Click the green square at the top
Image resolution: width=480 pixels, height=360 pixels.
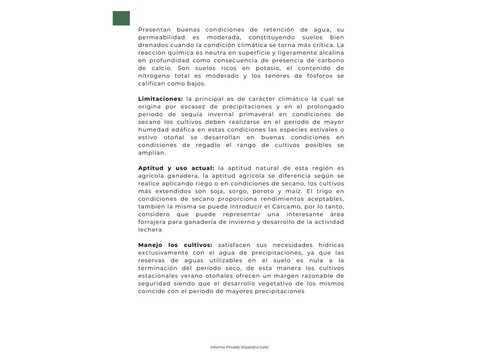(x=121, y=18)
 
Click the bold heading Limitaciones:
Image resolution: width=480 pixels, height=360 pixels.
(x=160, y=99)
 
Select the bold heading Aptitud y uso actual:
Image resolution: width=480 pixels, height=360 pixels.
(x=176, y=168)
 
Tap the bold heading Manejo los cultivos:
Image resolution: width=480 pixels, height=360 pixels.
(x=175, y=245)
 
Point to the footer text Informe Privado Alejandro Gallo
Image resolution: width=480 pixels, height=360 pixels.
(x=239, y=347)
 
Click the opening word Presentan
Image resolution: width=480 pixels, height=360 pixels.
(x=154, y=29)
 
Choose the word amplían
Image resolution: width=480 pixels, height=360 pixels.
(x=152, y=153)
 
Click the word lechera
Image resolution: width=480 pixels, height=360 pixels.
(x=151, y=230)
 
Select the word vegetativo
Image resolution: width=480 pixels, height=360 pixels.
(x=262, y=283)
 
